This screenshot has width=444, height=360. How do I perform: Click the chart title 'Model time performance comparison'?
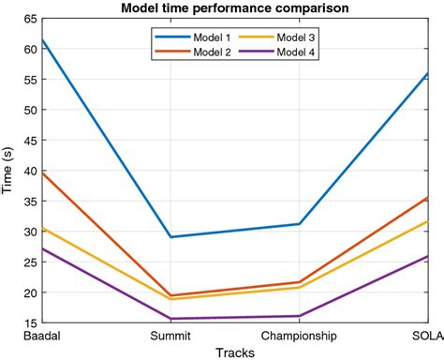[x=234, y=8]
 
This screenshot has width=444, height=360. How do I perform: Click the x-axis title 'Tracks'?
[x=234, y=352]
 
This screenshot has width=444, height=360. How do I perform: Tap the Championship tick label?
[x=299, y=335]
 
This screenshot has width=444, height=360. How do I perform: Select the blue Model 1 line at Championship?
[x=299, y=224]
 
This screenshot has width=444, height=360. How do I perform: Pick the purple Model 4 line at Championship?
[x=299, y=316]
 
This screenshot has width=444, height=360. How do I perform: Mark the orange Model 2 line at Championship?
[x=299, y=282]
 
